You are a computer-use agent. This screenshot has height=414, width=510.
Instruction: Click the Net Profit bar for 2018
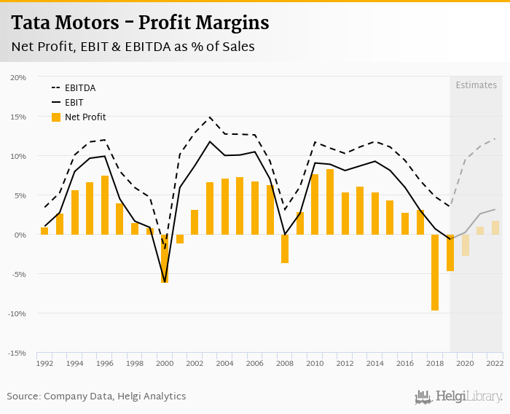click(x=435, y=273)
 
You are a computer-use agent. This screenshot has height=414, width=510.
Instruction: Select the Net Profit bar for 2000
click(x=165, y=259)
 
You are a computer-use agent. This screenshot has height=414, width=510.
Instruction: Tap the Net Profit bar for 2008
click(x=285, y=249)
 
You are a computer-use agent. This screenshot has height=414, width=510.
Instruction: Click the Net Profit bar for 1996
click(x=105, y=206)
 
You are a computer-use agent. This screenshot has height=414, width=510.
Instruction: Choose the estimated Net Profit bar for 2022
click(x=495, y=227)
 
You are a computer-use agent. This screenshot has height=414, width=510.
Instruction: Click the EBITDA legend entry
click(x=80, y=88)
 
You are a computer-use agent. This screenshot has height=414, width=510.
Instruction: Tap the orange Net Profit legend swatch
click(x=56, y=117)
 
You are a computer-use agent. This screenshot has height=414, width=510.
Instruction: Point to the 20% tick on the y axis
click(x=18, y=77)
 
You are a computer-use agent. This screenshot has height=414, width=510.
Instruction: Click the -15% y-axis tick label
click(x=17, y=353)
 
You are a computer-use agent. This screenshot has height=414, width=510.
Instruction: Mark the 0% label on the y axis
click(x=20, y=235)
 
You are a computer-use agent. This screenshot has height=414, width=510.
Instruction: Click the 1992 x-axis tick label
click(x=44, y=363)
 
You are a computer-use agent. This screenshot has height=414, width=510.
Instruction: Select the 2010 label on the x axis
click(x=315, y=363)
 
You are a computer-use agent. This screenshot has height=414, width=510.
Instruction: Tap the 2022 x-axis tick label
click(x=495, y=363)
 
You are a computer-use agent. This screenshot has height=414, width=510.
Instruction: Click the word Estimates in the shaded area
click(x=476, y=85)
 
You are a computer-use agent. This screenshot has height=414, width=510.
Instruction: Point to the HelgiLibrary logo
click(x=459, y=397)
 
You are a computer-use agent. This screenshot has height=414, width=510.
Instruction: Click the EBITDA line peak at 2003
click(x=210, y=117)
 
